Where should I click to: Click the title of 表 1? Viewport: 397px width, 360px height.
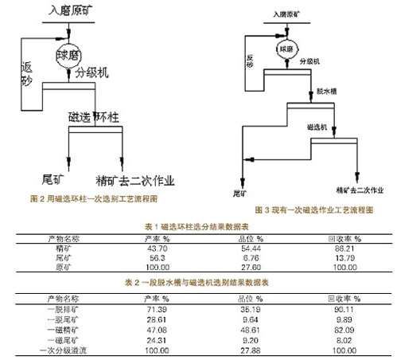pos(199,227)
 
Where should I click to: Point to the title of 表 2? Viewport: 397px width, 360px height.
pos(198,282)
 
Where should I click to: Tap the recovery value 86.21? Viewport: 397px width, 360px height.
pos(343,248)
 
